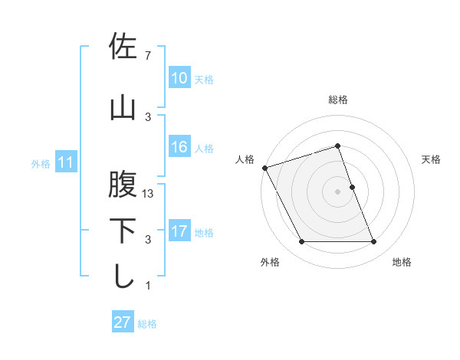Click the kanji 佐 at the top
tap(123, 47)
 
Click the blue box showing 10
tap(179, 78)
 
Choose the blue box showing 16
tap(179, 147)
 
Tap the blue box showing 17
tap(179, 231)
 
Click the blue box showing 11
tap(65, 162)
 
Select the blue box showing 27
tap(122, 322)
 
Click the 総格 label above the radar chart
tap(338, 100)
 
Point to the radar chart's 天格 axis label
tap(432, 159)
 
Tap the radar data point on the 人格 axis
tap(264, 168)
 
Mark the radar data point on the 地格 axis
tap(374, 242)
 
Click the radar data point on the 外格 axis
tap(301, 242)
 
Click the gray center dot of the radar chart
tap(338, 191)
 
